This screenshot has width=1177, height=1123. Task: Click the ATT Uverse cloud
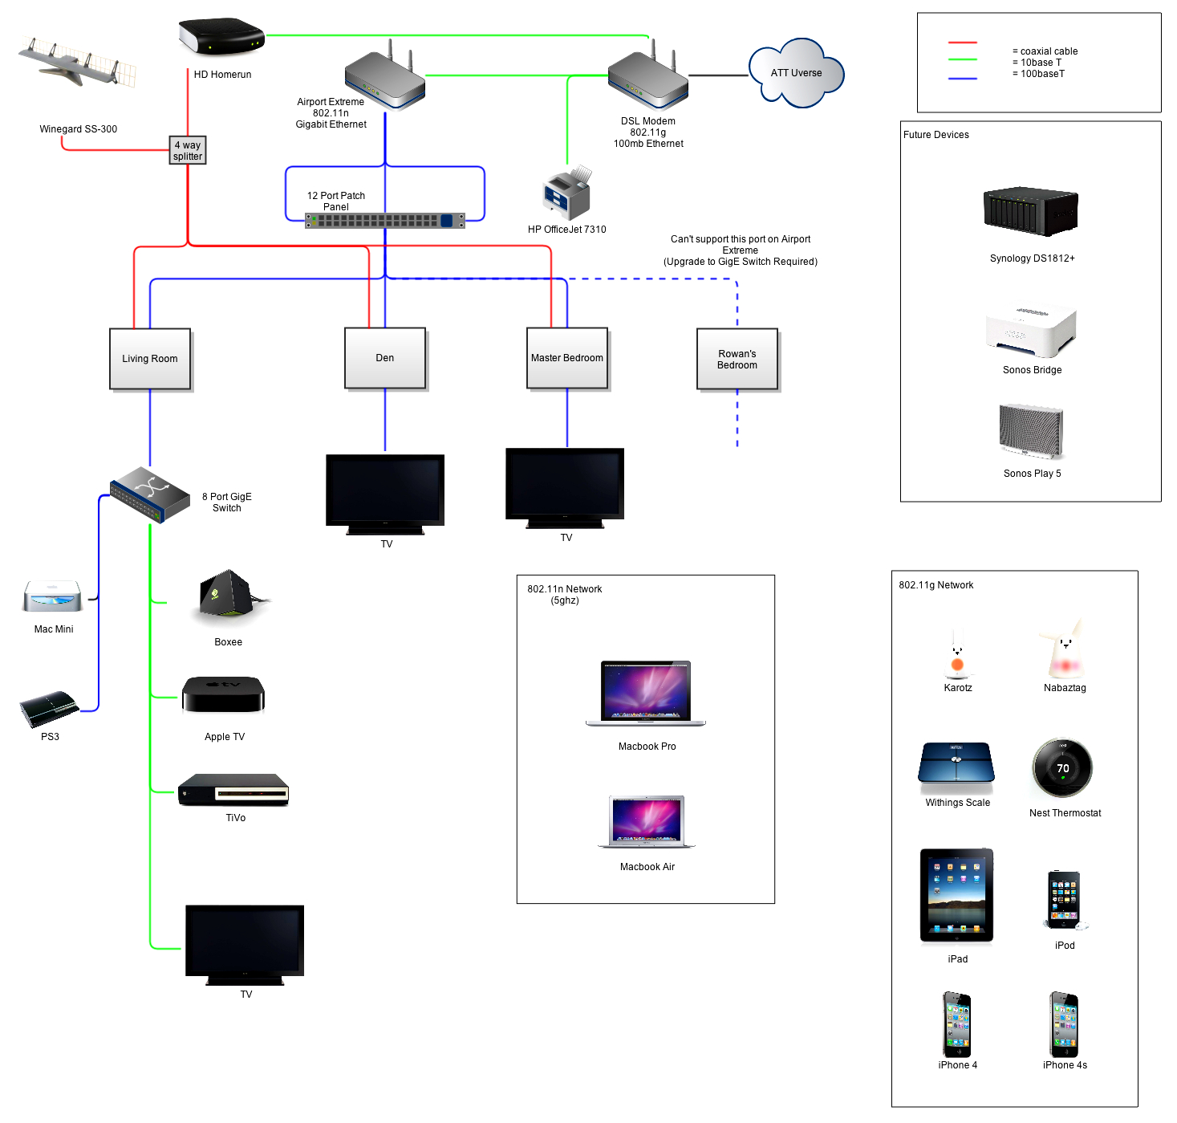point(796,73)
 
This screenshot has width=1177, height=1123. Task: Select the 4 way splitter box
point(188,150)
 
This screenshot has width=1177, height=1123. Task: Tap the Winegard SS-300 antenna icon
point(78,63)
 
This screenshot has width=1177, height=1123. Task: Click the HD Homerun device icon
point(221,37)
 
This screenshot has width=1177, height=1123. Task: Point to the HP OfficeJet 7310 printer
point(567,193)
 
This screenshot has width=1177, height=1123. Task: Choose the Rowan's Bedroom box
point(737,359)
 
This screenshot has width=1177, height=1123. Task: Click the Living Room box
point(150,359)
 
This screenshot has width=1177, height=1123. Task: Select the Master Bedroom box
point(566,358)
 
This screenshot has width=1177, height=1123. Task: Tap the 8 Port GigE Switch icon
point(150,494)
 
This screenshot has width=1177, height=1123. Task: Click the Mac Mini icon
point(53,596)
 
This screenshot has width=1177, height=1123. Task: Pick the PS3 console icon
point(49,708)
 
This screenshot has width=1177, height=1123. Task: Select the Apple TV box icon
point(223,694)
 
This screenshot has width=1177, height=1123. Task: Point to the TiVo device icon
point(233,790)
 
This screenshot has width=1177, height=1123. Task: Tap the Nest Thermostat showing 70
point(1062,768)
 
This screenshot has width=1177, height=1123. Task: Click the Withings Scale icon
point(956,763)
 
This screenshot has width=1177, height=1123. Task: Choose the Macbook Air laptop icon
point(647,821)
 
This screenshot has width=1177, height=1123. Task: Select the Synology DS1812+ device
point(1031,211)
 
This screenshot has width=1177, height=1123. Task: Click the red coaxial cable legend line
point(962,42)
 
